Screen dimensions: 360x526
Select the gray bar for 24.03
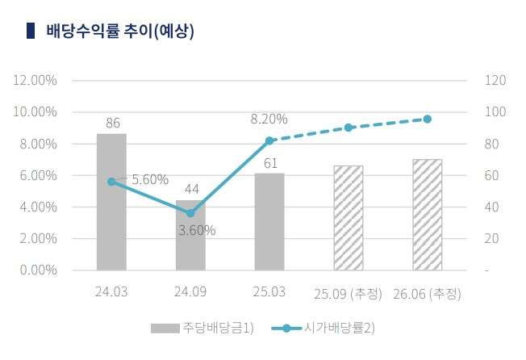[111, 202]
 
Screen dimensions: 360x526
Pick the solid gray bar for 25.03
[269, 222]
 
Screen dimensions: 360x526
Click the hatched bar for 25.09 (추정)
[349, 218]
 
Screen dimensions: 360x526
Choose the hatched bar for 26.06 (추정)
[427, 215]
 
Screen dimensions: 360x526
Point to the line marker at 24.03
[111, 182]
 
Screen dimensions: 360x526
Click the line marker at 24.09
[190, 213]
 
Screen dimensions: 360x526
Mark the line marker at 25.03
[269, 140]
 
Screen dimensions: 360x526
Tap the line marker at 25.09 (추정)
[349, 128]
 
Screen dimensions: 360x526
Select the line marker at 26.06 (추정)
[427, 119]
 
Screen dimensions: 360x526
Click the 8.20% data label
[269, 119]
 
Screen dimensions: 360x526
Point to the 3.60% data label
[197, 230]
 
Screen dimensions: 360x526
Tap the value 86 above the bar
[113, 123]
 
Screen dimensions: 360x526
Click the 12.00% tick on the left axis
[35, 81]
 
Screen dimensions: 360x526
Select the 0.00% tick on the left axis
[37, 270]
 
